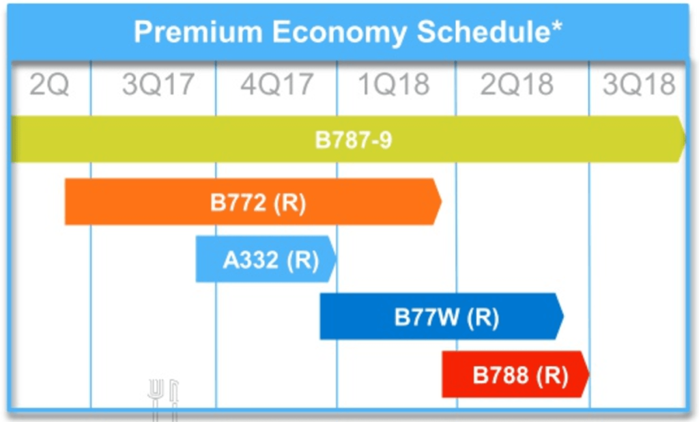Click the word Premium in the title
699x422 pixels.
click(197, 32)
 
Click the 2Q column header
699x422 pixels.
click(49, 85)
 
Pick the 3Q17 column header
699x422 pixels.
click(158, 85)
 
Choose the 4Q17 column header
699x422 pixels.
click(276, 85)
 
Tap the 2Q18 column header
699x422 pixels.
click(517, 85)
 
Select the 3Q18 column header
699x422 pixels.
click(639, 85)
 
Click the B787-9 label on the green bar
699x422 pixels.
click(354, 140)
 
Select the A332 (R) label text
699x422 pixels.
click(271, 260)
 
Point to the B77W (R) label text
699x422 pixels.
click(446, 318)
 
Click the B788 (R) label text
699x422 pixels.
click(520, 376)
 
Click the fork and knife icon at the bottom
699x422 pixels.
click(163, 398)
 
